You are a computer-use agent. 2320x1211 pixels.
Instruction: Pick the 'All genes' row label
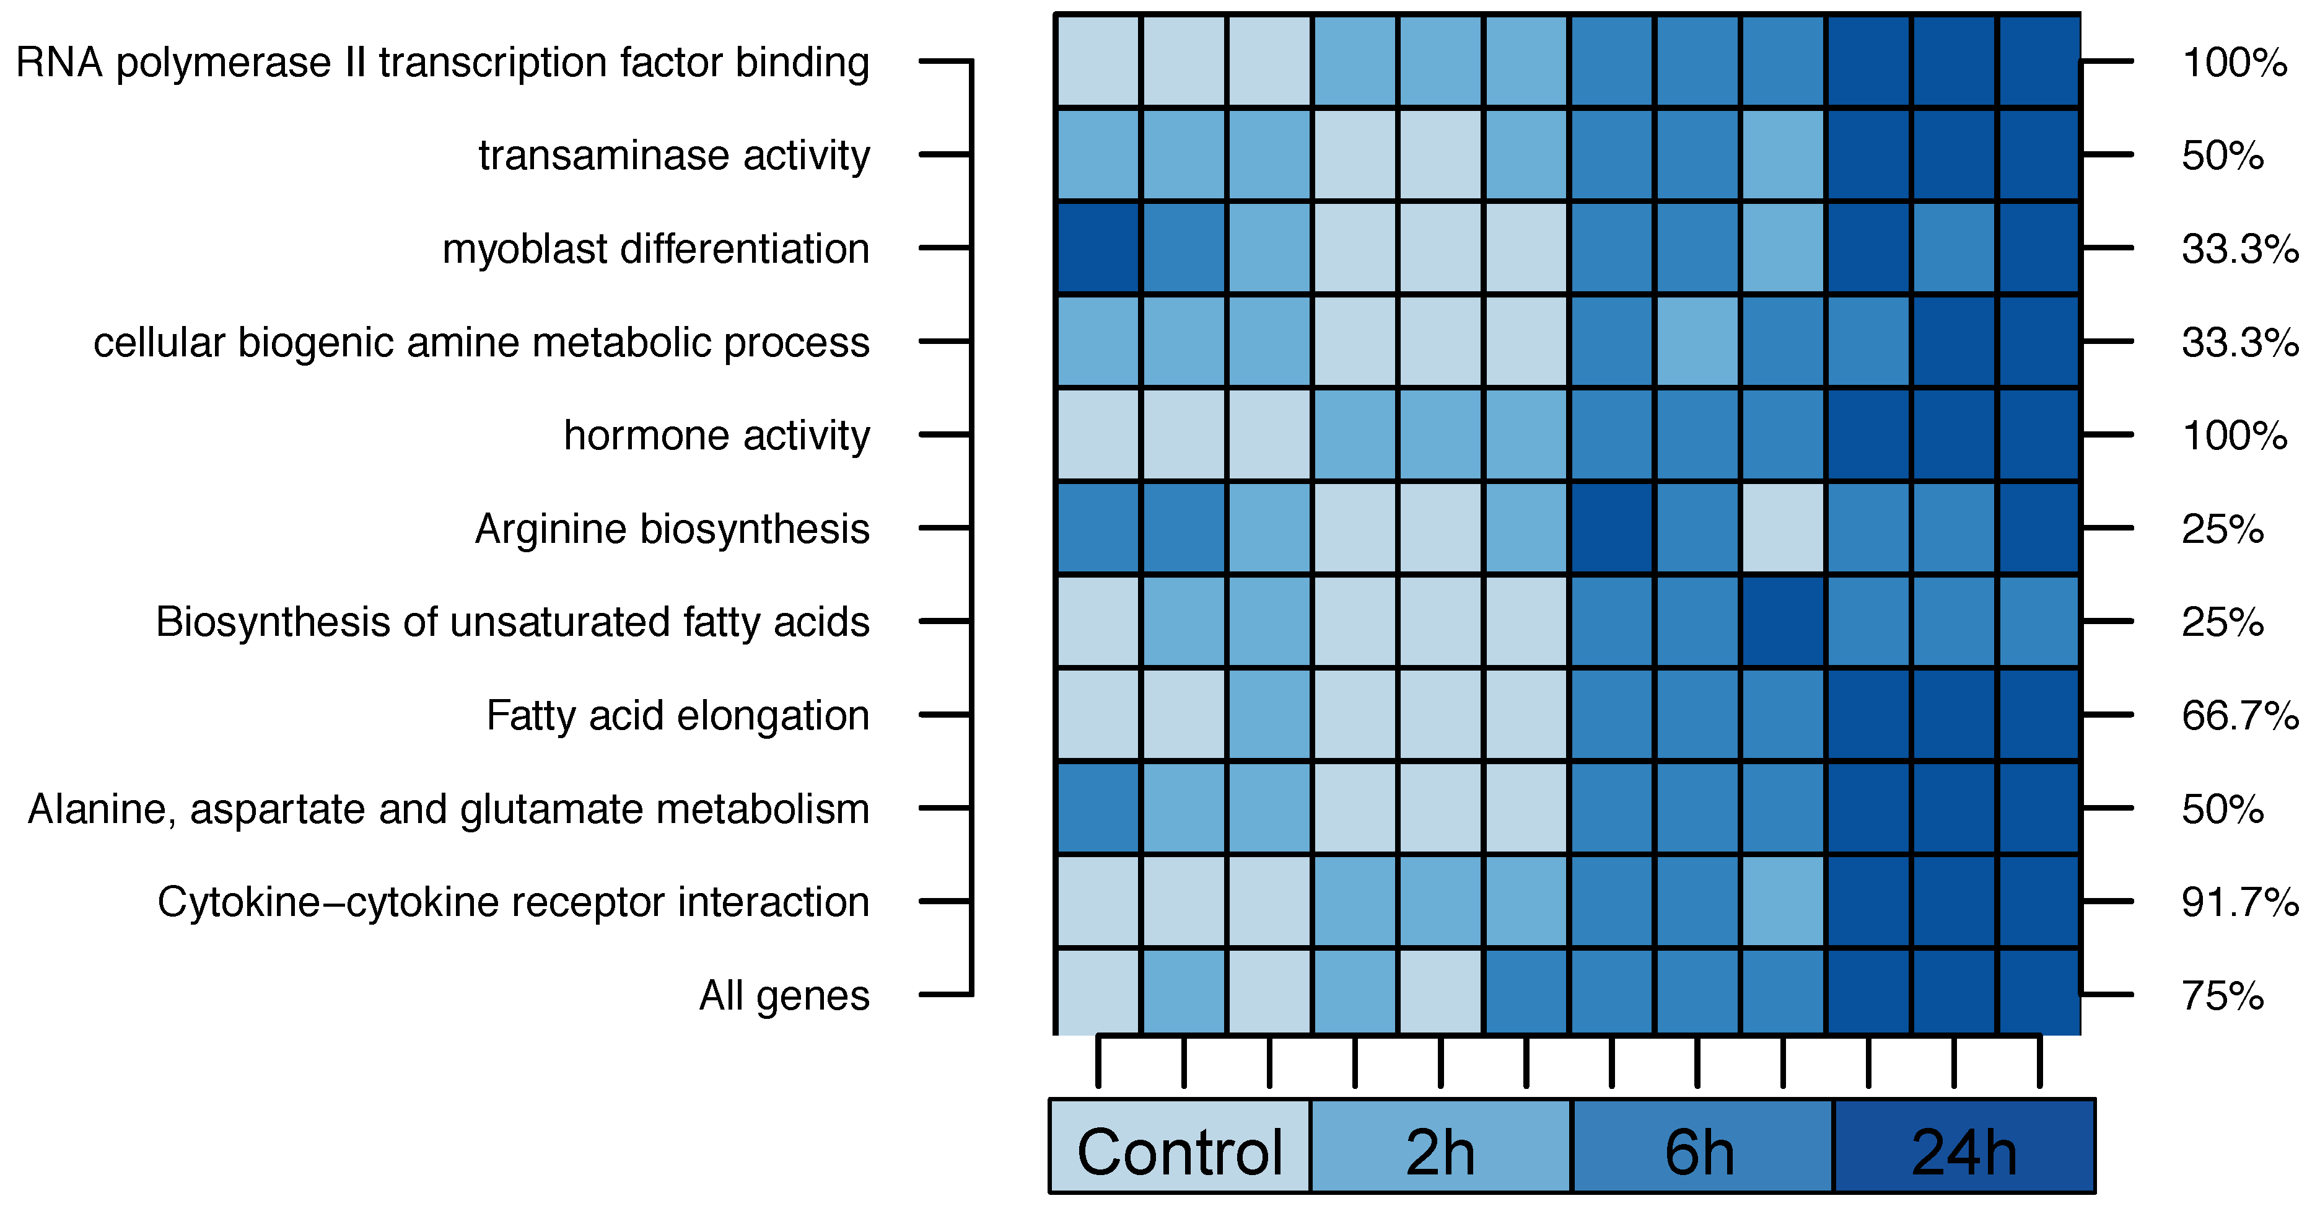[784, 997]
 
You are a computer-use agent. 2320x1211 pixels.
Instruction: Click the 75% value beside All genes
[2222, 997]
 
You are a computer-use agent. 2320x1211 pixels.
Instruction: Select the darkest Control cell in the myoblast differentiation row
[1098, 249]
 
